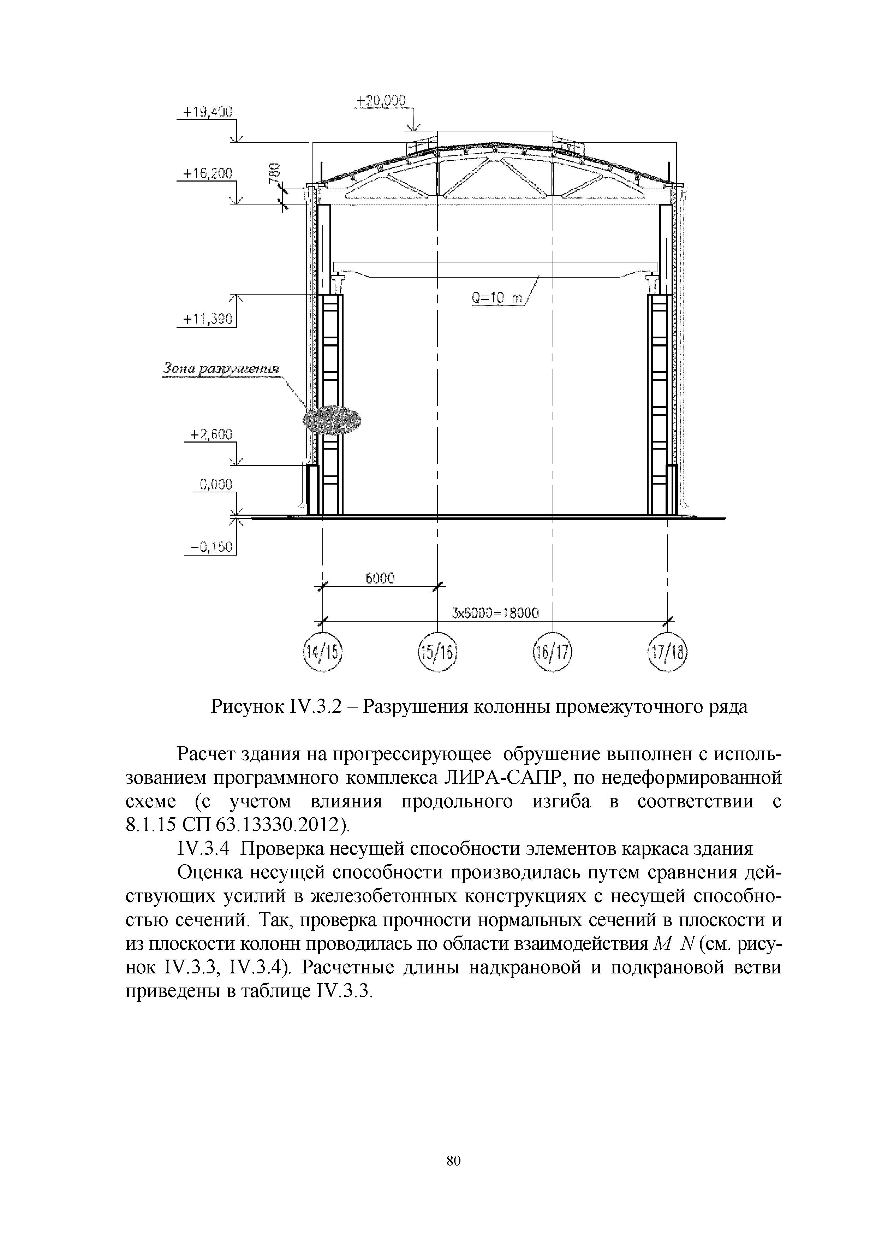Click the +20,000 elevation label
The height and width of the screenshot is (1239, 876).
coord(381,101)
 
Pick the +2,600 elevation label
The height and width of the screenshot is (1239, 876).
coord(211,434)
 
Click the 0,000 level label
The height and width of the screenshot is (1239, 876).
coord(216,484)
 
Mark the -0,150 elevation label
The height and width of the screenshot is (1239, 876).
coord(211,547)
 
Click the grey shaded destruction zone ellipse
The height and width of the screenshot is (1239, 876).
coord(332,420)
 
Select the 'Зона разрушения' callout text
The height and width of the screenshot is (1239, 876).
coord(221,369)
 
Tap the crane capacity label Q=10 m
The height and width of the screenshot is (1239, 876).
coord(497,298)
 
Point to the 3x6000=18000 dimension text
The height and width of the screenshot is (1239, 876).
coord(495,613)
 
